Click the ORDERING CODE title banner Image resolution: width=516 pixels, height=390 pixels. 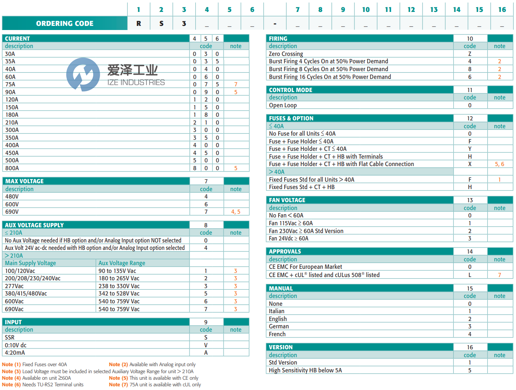coord(65,23)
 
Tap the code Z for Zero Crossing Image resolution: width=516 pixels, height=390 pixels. coord(470,54)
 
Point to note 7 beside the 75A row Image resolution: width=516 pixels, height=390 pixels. coord(236,84)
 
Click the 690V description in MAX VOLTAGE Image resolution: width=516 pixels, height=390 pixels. coord(12,212)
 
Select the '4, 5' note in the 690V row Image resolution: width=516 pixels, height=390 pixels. coord(236,212)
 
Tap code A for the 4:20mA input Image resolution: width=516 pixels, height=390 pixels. coord(206,353)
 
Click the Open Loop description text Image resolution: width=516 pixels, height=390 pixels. coord(283,105)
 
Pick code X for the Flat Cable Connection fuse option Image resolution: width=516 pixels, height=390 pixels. coord(470,164)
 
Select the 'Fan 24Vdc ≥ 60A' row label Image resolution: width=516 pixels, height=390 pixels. coord(289,238)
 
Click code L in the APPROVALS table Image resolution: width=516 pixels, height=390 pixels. coord(470,275)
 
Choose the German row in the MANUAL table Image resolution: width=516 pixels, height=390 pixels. coord(279,326)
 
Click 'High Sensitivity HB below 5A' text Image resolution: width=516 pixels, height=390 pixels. coord(305,370)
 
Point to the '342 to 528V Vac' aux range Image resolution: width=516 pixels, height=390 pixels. coord(119,293)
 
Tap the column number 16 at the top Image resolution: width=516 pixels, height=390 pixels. coord(502,9)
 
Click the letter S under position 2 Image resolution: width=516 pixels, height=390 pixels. coord(161,23)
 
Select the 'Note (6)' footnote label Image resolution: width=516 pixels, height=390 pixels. coord(11,384)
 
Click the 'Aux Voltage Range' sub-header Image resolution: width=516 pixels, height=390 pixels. coord(122,263)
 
